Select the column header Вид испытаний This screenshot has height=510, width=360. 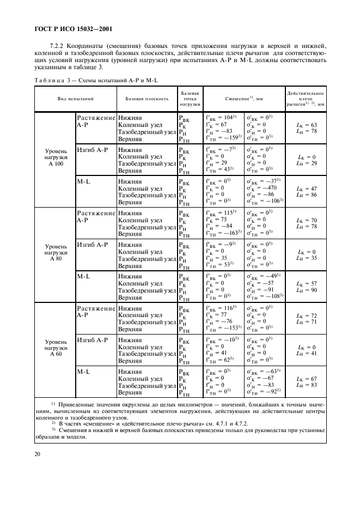pos(76,99)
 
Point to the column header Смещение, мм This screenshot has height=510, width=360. pos(244,99)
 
